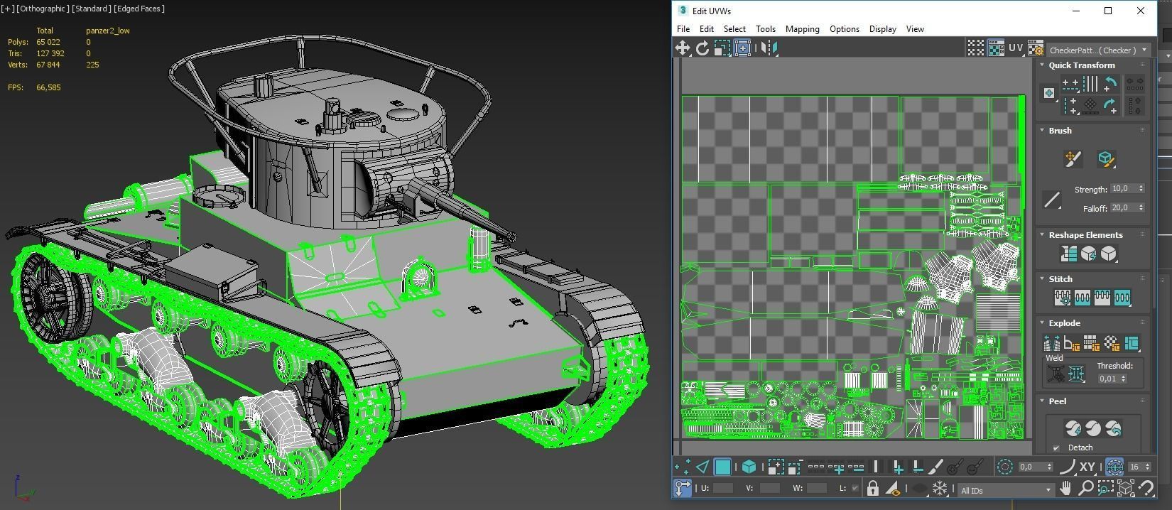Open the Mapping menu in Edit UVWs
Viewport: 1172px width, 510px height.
point(802,29)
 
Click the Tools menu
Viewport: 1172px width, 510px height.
point(765,29)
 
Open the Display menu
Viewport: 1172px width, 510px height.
point(882,29)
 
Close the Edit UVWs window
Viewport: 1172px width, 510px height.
point(1141,11)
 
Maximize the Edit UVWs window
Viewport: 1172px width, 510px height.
point(1108,11)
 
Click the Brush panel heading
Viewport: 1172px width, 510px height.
point(1060,131)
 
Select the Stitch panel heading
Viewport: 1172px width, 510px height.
point(1060,279)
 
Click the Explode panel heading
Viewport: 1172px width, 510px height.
point(1064,323)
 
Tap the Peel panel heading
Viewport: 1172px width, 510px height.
point(1058,401)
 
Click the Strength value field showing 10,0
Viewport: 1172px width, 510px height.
point(1122,189)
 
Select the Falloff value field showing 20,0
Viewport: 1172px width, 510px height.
point(1122,208)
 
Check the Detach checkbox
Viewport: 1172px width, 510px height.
point(1056,447)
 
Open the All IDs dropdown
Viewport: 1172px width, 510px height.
point(1005,490)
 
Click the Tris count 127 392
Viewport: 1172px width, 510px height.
point(50,53)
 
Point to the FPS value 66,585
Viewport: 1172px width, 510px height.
point(48,87)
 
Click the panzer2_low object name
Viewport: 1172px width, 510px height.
point(107,31)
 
